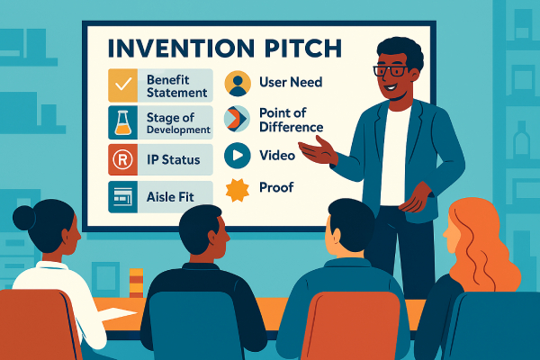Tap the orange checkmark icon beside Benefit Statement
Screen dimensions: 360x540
point(122,85)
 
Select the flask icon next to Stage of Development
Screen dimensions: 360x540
point(122,122)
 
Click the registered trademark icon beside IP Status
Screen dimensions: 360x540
point(122,159)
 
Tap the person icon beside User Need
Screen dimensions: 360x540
point(238,84)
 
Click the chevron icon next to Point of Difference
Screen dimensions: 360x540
point(238,119)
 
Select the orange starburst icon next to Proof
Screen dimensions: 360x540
point(238,189)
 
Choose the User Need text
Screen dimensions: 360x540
point(290,83)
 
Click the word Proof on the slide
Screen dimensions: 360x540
point(276,188)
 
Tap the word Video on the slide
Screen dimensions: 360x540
point(277,155)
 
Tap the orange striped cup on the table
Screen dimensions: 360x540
point(136,283)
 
